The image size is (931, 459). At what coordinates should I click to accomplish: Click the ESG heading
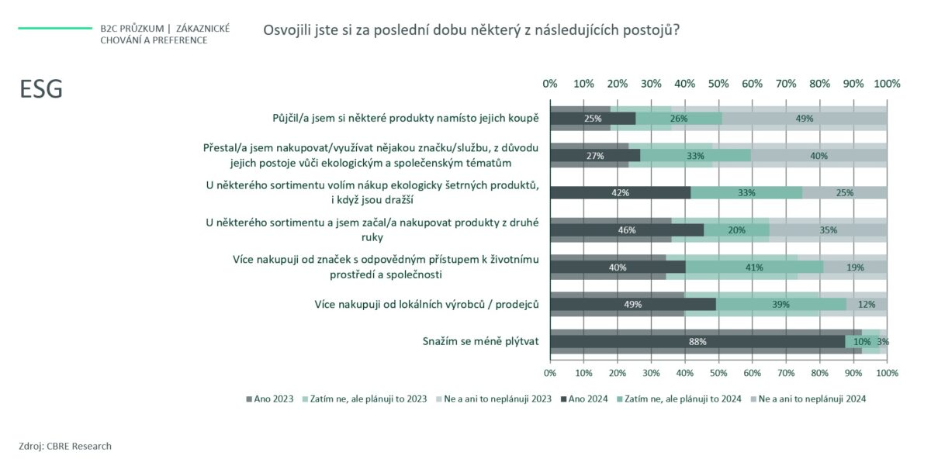click(41, 90)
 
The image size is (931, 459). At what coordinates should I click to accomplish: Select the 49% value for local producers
click(633, 304)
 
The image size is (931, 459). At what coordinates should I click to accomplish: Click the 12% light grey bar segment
click(867, 304)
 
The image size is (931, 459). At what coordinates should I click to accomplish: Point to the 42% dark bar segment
click(621, 193)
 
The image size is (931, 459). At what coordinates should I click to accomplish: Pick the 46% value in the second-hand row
click(626, 230)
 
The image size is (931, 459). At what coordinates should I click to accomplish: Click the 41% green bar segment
click(753, 267)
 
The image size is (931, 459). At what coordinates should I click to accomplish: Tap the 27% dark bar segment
click(595, 156)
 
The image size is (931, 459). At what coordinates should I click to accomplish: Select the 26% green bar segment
click(679, 119)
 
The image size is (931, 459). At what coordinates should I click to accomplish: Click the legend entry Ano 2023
click(270, 399)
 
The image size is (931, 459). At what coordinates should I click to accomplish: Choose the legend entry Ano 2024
click(585, 399)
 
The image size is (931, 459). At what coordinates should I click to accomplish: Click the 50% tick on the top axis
click(718, 83)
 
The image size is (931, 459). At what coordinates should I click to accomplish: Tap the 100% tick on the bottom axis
click(887, 373)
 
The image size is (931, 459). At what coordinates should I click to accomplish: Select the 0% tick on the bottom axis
click(550, 373)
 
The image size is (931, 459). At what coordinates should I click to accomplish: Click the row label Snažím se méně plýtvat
click(480, 340)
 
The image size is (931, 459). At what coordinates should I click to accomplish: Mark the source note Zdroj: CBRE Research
click(65, 446)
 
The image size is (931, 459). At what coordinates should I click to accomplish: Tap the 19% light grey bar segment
click(855, 267)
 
